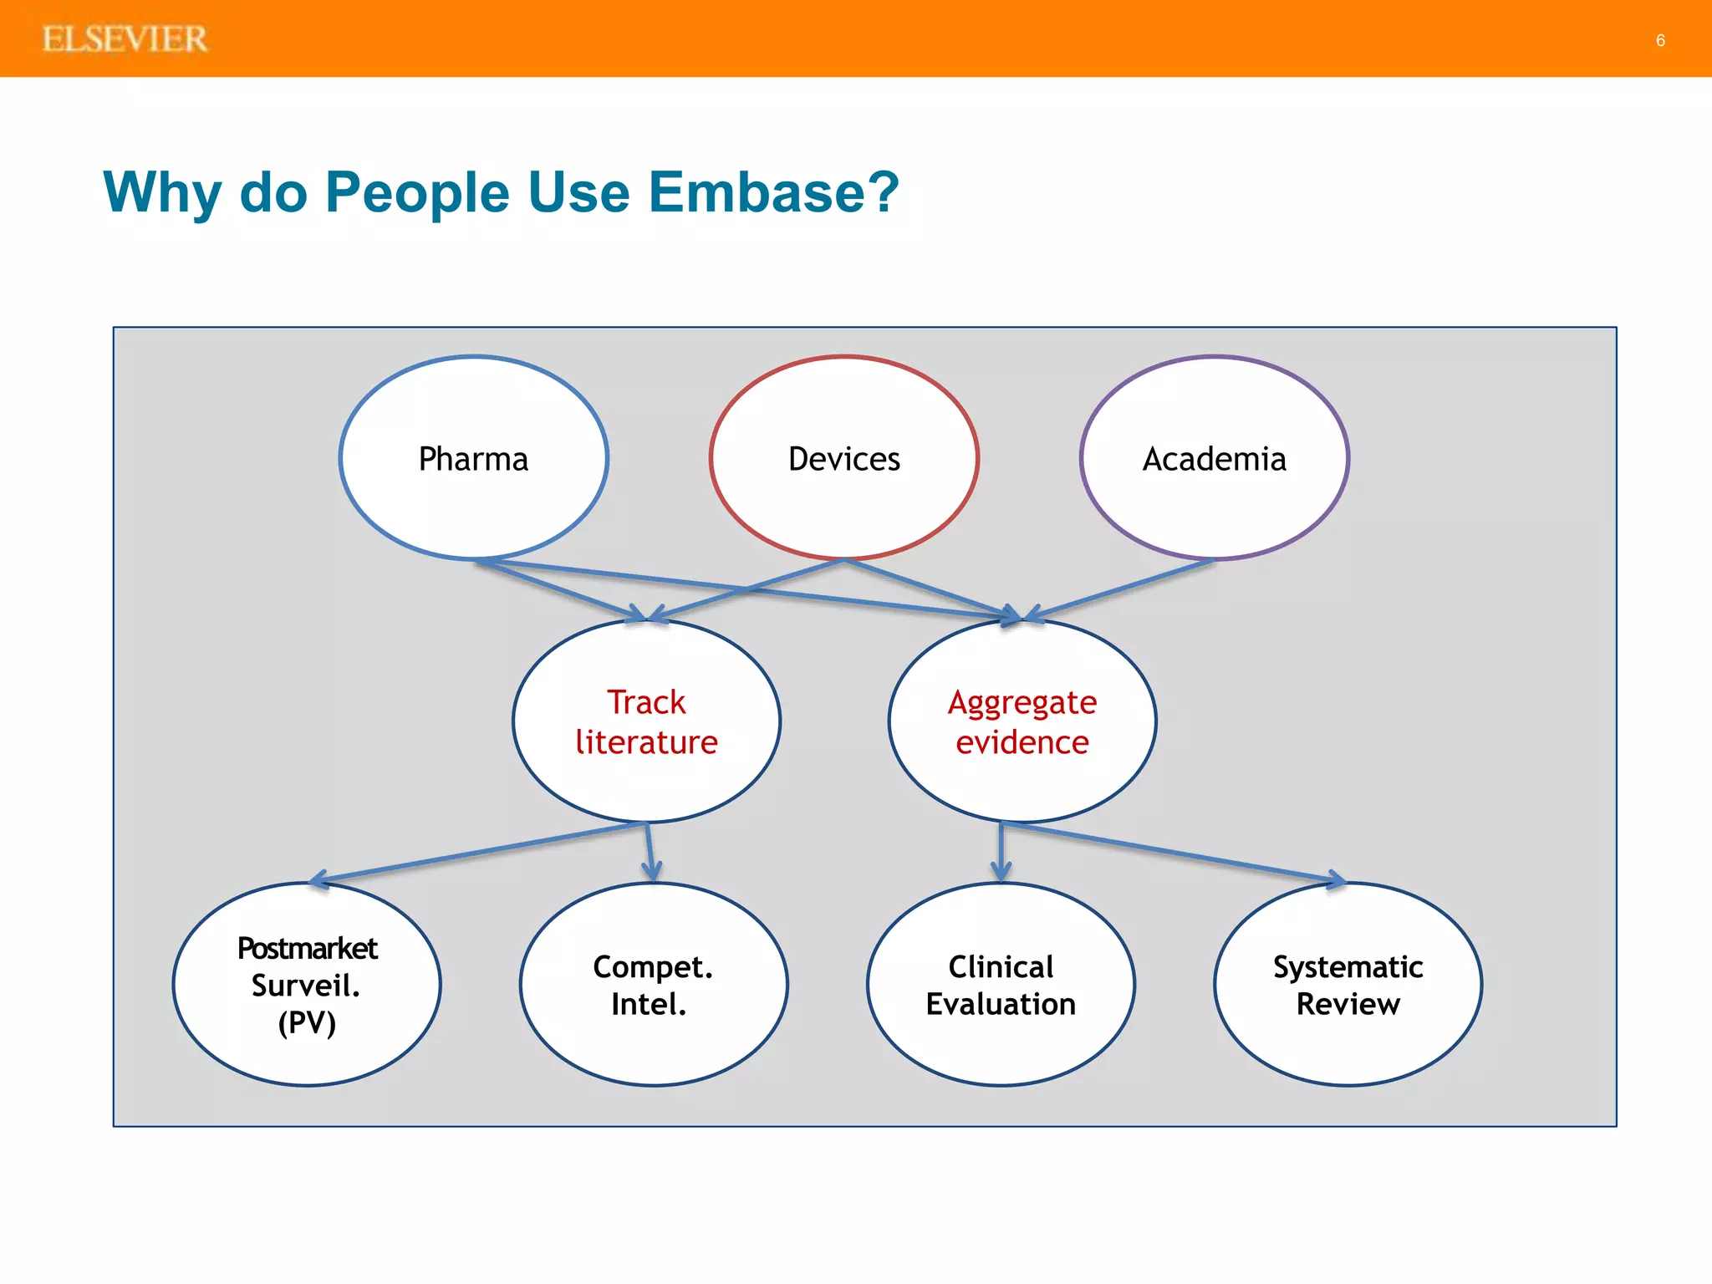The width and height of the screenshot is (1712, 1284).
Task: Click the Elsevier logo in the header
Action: [x=125, y=39]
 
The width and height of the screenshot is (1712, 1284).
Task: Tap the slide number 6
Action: [x=1660, y=40]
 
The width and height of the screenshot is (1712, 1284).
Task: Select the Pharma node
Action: [x=473, y=459]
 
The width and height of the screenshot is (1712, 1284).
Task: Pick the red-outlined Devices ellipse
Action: [x=844, y=459]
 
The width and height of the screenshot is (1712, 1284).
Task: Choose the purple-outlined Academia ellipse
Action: [x=1214, y=459]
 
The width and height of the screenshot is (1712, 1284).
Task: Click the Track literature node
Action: [x=646, y=721]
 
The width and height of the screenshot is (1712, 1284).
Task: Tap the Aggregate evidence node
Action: [x=1022, y=721]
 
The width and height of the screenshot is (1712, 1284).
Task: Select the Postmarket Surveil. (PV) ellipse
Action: [x=307, y=985]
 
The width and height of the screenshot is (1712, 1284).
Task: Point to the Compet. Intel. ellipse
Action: [x=653, y=985]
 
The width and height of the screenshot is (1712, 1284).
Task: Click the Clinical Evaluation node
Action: [x=1001, y=985]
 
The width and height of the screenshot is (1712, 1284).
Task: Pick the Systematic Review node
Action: [x=1348, y=985]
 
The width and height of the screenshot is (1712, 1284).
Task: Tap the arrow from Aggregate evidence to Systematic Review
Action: [x=1170, y=851]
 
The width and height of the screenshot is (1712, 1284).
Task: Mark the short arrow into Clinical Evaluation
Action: [x=1001, y=853]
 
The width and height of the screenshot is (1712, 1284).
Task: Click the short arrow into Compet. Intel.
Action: [x=650, y=853]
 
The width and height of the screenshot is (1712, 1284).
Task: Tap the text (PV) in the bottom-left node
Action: [x=307, y=1022]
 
